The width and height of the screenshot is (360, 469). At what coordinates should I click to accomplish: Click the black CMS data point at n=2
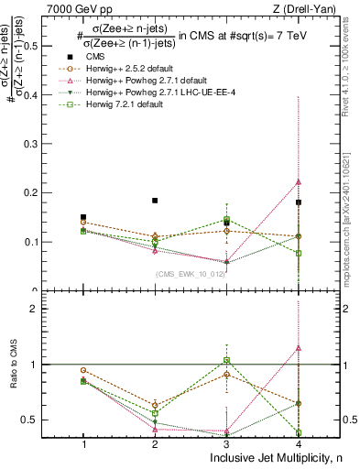coord(155,201)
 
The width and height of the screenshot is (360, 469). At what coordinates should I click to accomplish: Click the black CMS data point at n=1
coord(83,217)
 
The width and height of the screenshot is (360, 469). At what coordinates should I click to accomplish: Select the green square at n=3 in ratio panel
coord(227,360)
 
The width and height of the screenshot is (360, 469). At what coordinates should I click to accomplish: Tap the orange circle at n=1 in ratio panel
coord(83,370)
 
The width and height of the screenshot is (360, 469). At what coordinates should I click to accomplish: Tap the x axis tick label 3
coord(227,443)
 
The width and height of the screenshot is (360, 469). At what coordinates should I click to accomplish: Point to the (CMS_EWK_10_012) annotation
coord(191,275)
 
